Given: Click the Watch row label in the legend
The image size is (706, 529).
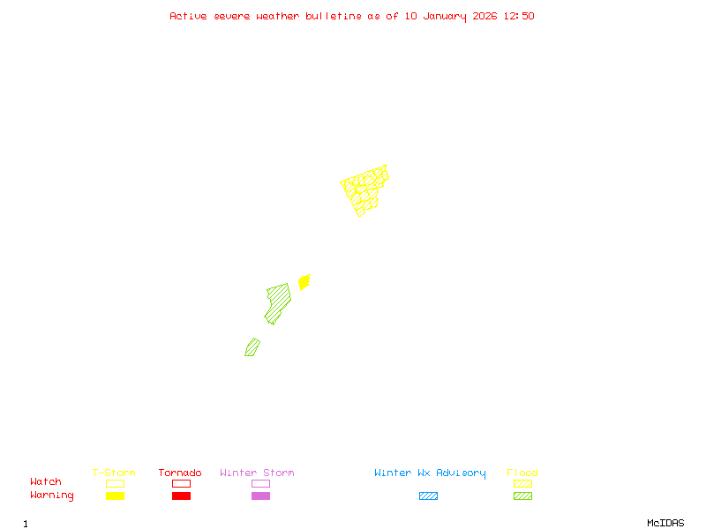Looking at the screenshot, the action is point(46,482).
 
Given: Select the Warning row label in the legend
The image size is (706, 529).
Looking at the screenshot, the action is point(51,495).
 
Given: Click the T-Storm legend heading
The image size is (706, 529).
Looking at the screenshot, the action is point(114,473).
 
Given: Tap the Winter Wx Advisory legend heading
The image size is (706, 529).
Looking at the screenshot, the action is point(430,473).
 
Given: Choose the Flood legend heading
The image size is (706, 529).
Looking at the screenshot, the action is point(522,473).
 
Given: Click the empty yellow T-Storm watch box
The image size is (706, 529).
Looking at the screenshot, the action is point(115,483).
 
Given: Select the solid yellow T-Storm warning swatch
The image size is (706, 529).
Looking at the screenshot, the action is point(115,496).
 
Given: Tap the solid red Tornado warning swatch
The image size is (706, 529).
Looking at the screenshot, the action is point(181,496).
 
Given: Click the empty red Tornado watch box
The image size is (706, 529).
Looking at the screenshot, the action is point(181,483).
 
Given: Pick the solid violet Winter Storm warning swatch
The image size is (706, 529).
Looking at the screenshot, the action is point(260,496).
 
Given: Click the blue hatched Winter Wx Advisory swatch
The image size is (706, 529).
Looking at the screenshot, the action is point(428,496).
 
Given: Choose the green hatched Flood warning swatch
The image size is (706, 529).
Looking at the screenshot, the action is point(522,496).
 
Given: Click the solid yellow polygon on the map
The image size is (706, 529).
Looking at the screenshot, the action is point(304,282).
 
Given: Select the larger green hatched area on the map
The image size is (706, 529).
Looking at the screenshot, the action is point(278,302).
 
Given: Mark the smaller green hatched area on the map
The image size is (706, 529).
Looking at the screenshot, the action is point(252,347).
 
